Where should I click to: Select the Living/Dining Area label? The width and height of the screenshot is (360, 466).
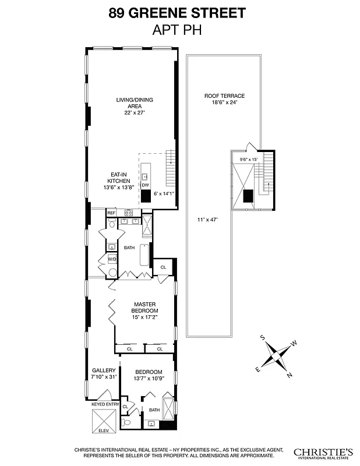134,106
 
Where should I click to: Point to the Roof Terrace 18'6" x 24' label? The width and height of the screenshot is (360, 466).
224,98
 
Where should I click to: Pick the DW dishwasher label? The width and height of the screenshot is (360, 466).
145,185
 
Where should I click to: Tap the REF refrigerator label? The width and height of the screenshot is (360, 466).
111,213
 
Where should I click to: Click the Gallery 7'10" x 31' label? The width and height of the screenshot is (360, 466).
104,373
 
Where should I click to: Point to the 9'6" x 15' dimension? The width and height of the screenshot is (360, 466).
248,159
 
